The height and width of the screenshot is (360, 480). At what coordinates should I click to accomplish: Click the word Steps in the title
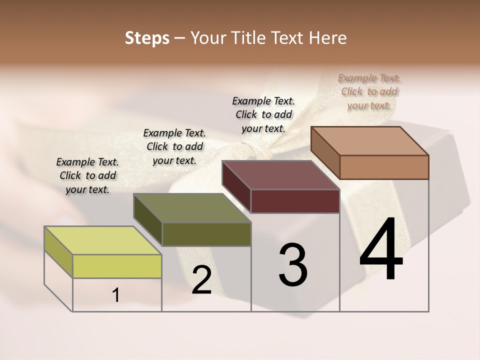[147, 38]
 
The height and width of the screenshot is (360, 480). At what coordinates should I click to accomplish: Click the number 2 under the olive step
[201, 280]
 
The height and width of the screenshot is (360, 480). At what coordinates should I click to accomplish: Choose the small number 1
[116, 295]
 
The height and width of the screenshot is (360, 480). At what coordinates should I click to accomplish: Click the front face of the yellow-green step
[117, 266]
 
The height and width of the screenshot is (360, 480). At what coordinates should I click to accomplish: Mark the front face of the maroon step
[295, 201]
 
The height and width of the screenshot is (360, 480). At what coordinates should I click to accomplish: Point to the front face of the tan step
[384, 167]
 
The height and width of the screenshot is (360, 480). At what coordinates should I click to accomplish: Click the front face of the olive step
[206, 234]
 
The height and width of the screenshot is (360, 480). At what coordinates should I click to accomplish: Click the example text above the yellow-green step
[87, 175]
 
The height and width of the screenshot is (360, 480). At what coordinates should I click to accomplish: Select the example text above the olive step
[174, 146]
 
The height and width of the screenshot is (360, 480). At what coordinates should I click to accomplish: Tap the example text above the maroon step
[263, 114]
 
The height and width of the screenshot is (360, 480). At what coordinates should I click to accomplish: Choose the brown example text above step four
[369, 91]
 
